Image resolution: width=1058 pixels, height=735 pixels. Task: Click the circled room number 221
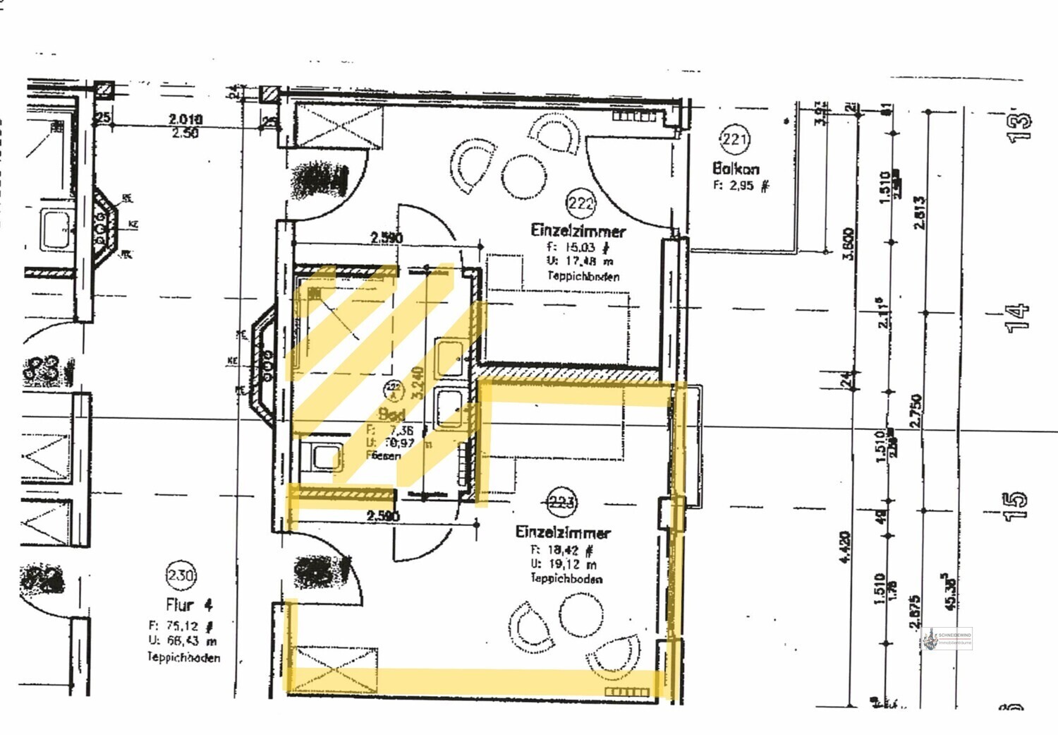[734, 139]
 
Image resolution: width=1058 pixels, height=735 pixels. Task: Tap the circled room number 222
[580, 203]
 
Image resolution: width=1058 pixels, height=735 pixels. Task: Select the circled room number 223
[561, 503]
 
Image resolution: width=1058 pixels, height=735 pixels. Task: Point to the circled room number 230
[181, 575]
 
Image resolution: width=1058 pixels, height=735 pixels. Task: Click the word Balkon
[736, 168]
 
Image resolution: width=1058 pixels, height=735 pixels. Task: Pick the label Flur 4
[188, 605]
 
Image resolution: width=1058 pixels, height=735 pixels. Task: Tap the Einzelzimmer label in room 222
[578, 230]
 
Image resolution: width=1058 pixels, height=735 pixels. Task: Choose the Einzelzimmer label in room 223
[563, 532]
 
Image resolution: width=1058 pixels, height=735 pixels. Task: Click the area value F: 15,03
[577, 247]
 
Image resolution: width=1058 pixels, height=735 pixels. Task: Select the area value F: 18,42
[562, 549]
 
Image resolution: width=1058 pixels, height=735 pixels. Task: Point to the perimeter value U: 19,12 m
[564, 564]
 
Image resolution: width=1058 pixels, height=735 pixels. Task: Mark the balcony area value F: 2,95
[740, 186]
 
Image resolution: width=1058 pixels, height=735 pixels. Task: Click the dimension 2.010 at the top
[185, 119]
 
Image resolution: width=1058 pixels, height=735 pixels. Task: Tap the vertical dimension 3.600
[849, 244]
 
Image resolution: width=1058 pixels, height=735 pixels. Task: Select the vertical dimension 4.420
[845, 547]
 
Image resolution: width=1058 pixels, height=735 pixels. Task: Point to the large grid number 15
[1014, 506]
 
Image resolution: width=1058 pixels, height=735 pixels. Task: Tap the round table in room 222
[524, 177]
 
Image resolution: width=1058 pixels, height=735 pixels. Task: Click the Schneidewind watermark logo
[947, 639]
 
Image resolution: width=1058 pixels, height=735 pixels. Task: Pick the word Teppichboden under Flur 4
[183, 657]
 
